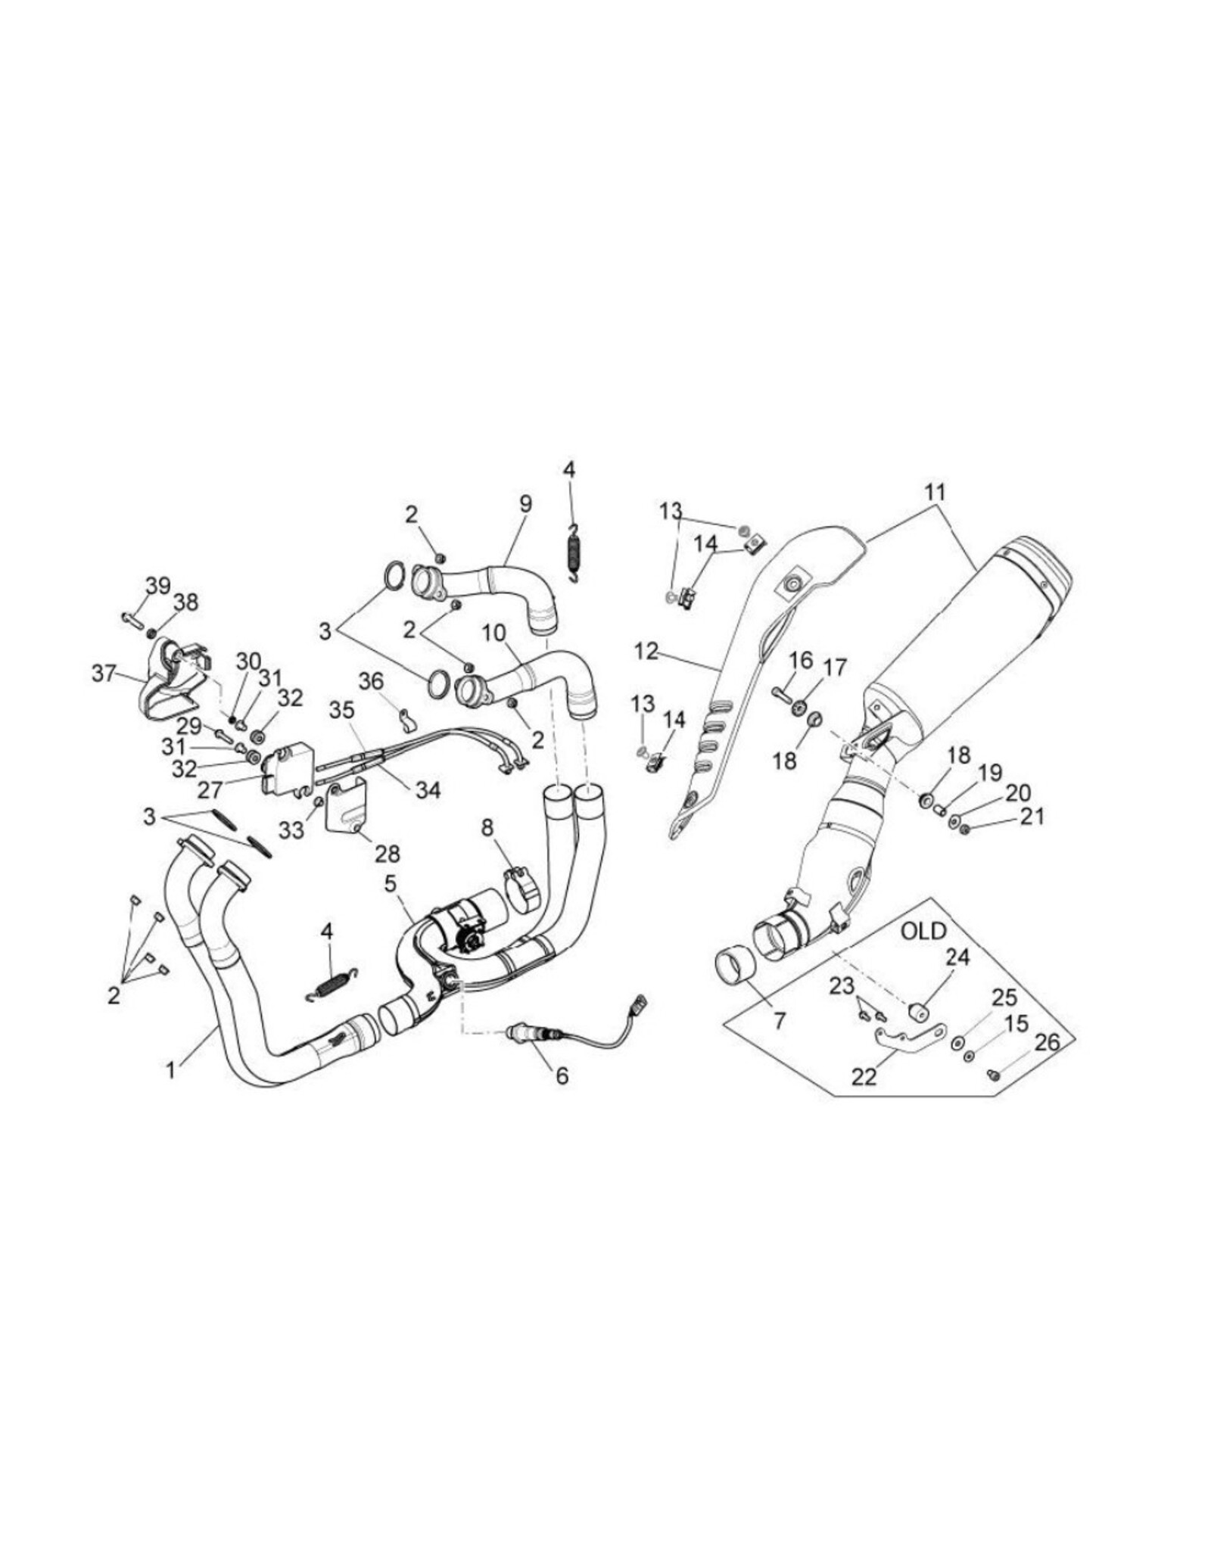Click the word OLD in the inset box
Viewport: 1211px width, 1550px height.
(923, 931)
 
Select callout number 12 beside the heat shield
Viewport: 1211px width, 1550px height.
(646, 651)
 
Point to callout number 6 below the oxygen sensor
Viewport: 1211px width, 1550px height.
(562, 1075)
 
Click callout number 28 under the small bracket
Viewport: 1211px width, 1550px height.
(387, 854)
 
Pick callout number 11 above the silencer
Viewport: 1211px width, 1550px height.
(935, 492)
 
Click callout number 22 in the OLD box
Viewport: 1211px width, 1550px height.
(864, 1076)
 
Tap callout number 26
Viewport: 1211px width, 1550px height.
(1048, 1043)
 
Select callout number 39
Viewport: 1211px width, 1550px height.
(158, 586)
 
